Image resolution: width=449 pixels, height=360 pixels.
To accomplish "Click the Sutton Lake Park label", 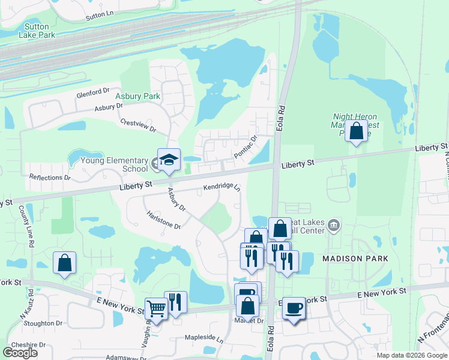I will pyautogui.click(x=39, y=31).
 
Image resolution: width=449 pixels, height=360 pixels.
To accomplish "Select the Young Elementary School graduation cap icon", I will pyautogui.click(x=169, y=160).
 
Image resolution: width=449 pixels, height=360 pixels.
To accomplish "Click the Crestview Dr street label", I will pyautogui.click(x=137, y=125).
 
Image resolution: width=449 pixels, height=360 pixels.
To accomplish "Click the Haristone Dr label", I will pyautogui.click(x=163, y=220).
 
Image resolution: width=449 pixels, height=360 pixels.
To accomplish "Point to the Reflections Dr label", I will pyautogui.click(x=50, y=178).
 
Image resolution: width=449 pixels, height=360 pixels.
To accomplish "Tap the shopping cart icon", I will pyautogui.click(x=157, y=310).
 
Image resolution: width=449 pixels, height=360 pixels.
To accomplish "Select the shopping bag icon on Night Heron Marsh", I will pyautogui.click(x=356, y=131).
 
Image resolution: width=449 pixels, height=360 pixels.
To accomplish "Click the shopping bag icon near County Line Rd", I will pyautogui.click(x=65, y=262).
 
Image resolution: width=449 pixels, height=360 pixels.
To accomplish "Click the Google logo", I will pyautogui.click(x=20, y=353).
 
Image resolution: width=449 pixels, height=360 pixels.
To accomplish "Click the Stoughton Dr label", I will pyautogui.click(x=40, y=323).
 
